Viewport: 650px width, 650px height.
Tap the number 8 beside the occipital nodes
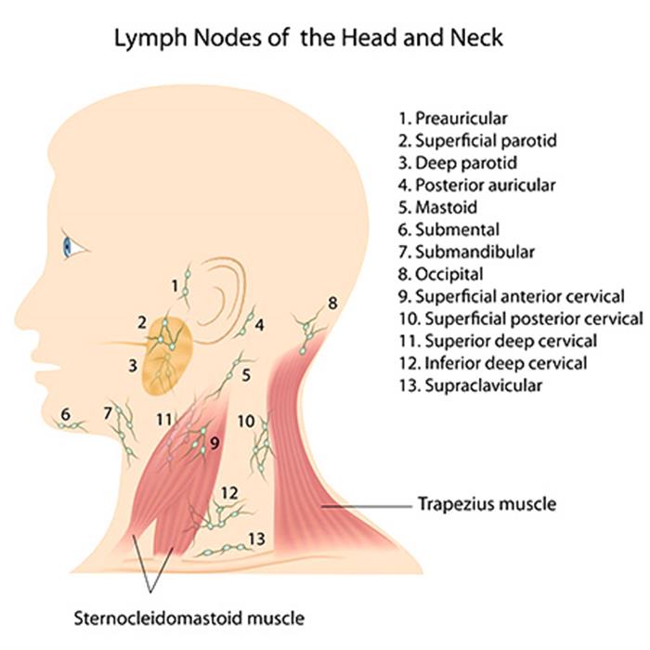(332, 303)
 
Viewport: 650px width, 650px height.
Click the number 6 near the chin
(65, 413)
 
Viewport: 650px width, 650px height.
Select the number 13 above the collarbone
(257, 538)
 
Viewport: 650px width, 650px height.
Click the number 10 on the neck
(245, 421)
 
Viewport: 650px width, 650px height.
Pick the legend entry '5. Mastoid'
(442, 207)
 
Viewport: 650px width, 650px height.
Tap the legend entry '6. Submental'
(448, 229)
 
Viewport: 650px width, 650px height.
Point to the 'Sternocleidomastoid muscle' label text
(189, 617)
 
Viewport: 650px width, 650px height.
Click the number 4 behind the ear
(260, 325)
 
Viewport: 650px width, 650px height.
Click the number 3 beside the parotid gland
(133, 366)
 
